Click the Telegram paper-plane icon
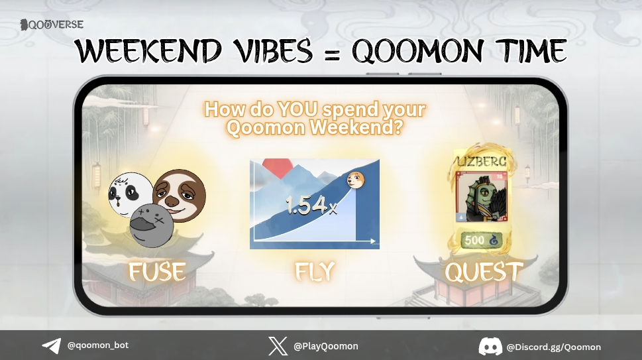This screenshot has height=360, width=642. coord(51,346)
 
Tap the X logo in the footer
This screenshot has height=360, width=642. coord(278,346)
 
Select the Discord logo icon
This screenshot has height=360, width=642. coord(490,346)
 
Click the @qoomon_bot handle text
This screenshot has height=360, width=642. coord(98,345)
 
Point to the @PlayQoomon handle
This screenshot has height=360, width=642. coord(325,346)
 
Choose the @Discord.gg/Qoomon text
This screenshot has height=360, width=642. coord(553,347)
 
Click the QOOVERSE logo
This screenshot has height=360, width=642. coord(52,25)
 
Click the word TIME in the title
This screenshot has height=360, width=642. coord(523,52)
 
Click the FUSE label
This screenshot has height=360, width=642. coord(157,272)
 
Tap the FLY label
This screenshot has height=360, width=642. coord(315,272)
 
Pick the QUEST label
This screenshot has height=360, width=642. coord(484,272)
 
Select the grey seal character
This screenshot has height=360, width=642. coord(151,225)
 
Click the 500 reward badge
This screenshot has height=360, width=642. coord(482,241)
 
